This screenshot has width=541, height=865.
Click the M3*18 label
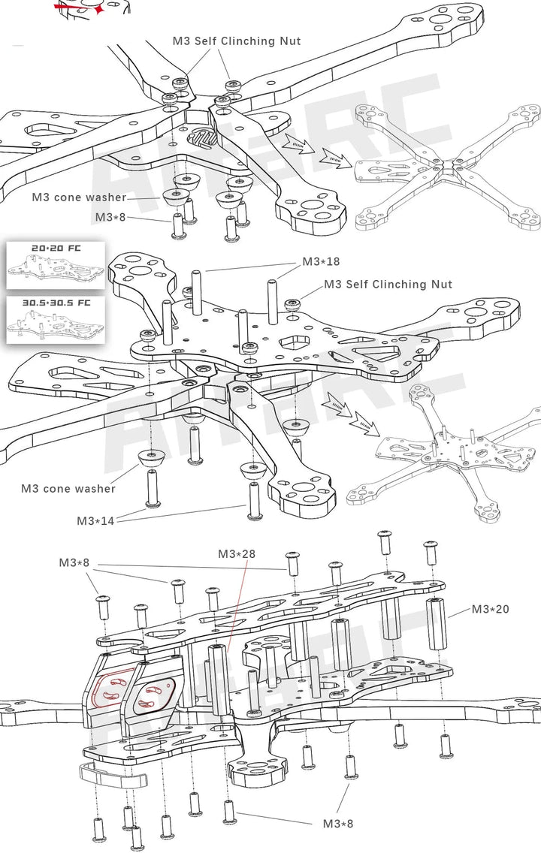(x=321, y=262)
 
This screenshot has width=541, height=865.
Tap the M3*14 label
(x=95, y=520)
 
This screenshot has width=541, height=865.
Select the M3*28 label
(x=237, y=554)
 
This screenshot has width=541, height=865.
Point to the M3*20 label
(x=490, y=609)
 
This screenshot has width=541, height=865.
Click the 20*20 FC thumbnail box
(x=55, y=265)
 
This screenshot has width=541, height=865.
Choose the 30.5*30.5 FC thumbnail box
(x=55, y=320)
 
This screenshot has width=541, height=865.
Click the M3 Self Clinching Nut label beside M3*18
(x=388, y=285)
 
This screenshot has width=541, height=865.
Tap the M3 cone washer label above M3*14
(x=68, y=489)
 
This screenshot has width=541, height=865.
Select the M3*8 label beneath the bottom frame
(x=337, y=823)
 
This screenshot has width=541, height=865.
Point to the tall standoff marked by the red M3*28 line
(x=220, y=679)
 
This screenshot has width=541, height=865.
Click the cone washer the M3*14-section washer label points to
(x=153, y=457)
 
